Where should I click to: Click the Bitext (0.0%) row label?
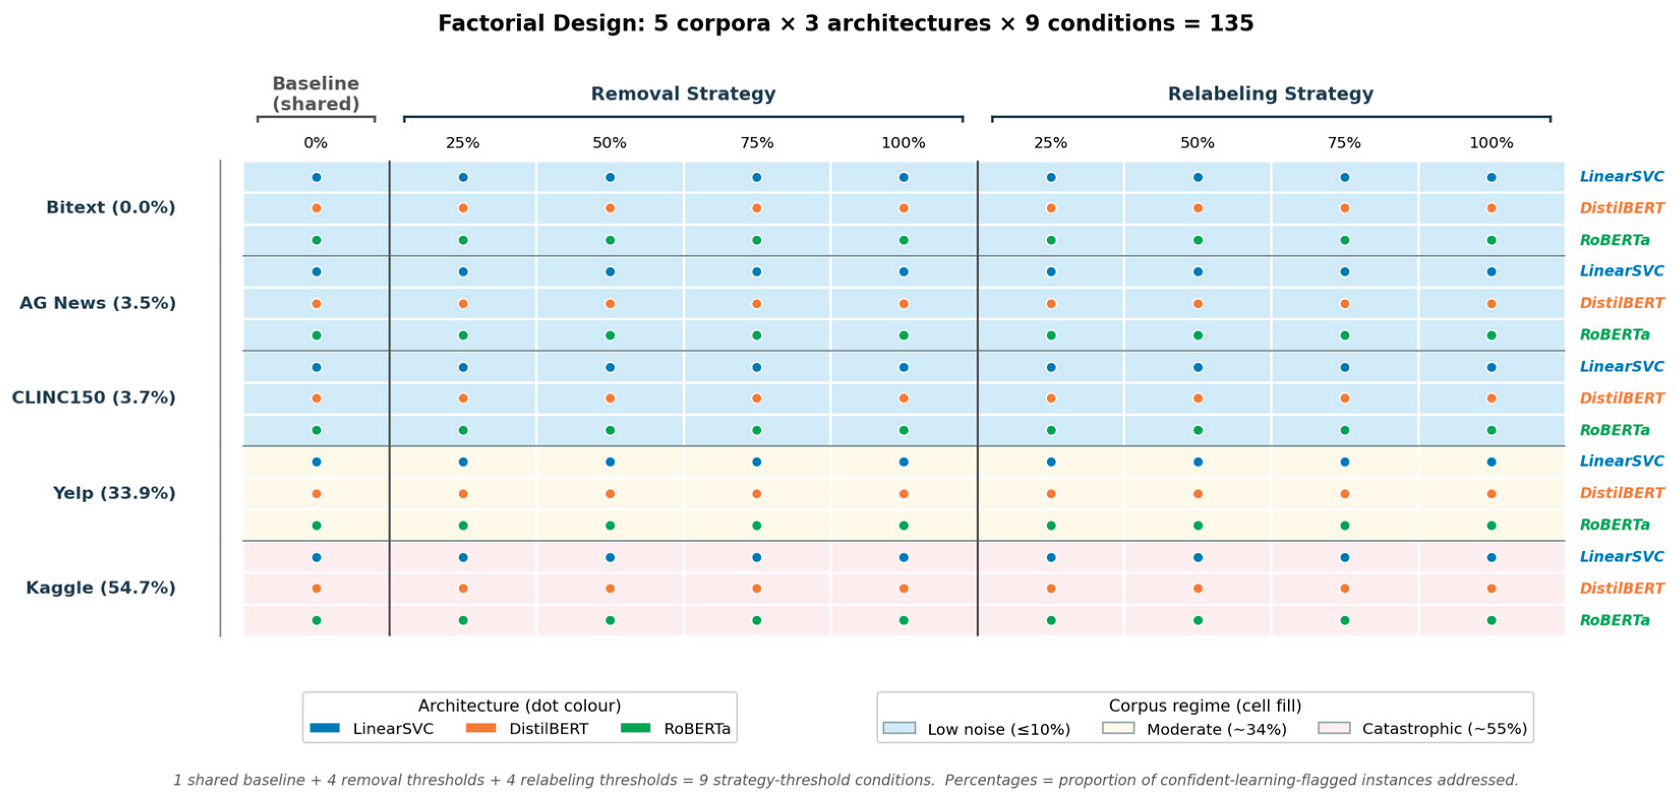pos(111,207)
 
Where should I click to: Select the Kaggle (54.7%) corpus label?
pos(101,588)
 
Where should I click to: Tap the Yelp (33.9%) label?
pos(114,493)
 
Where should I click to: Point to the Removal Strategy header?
pos(683,94)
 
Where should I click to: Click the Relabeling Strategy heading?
pos(1271,94)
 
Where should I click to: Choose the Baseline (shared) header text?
pos(316,94)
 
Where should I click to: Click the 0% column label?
pos(316,143)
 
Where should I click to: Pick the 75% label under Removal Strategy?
pos(757,143)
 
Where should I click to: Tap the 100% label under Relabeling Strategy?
pos(1491,143)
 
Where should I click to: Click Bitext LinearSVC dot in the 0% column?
pos(316,177)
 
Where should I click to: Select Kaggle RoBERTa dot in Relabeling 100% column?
pos(1491,620)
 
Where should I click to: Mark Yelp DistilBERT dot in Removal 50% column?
pos(610,494)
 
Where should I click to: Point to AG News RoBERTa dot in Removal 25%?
pos(463,336)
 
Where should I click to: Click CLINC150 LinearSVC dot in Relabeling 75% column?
pos(1344,367)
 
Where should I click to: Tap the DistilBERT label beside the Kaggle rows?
pos(1622,588)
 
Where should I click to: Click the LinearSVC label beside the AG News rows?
pos(1622,271)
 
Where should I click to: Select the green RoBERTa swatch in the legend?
pos(636,728)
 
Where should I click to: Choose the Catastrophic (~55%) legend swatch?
pos(1334,728)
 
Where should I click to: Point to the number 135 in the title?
pos(1231,23)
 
